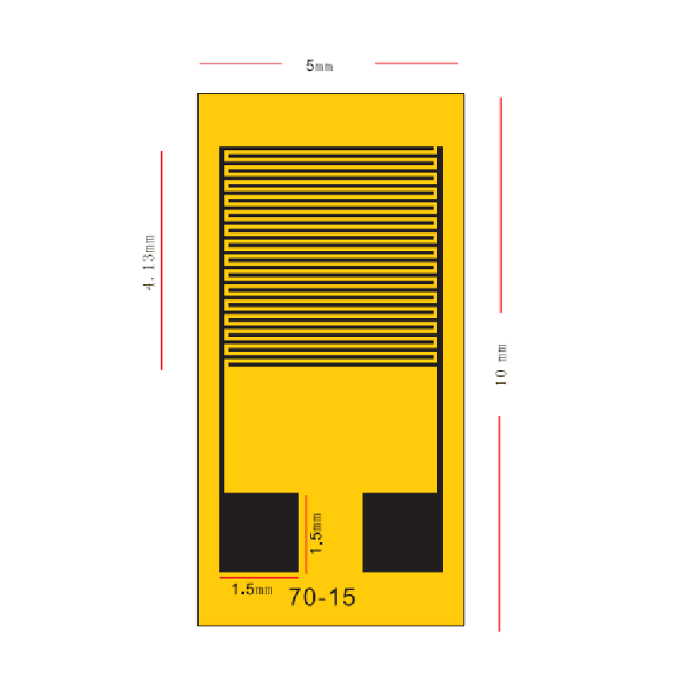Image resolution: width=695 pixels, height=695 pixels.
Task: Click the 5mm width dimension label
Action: click(319, 66)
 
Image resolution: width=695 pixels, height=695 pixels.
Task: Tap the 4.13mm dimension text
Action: click(149, 262)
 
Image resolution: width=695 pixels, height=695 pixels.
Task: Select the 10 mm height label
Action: click(501, 364)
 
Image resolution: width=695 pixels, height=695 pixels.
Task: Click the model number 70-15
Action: click(322, 597)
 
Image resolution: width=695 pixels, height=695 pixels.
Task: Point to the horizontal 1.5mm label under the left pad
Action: click(252, 589)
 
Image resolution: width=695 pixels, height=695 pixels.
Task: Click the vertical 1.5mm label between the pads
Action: click(315, 533)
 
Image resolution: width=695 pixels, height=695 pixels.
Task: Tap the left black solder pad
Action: click(259, 533)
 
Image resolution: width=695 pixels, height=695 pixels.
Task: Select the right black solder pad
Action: click(402, 533)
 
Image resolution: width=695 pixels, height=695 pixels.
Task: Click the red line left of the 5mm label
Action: click(241, 63)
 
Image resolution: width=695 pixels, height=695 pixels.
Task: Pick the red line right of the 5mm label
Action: click(416, 63)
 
